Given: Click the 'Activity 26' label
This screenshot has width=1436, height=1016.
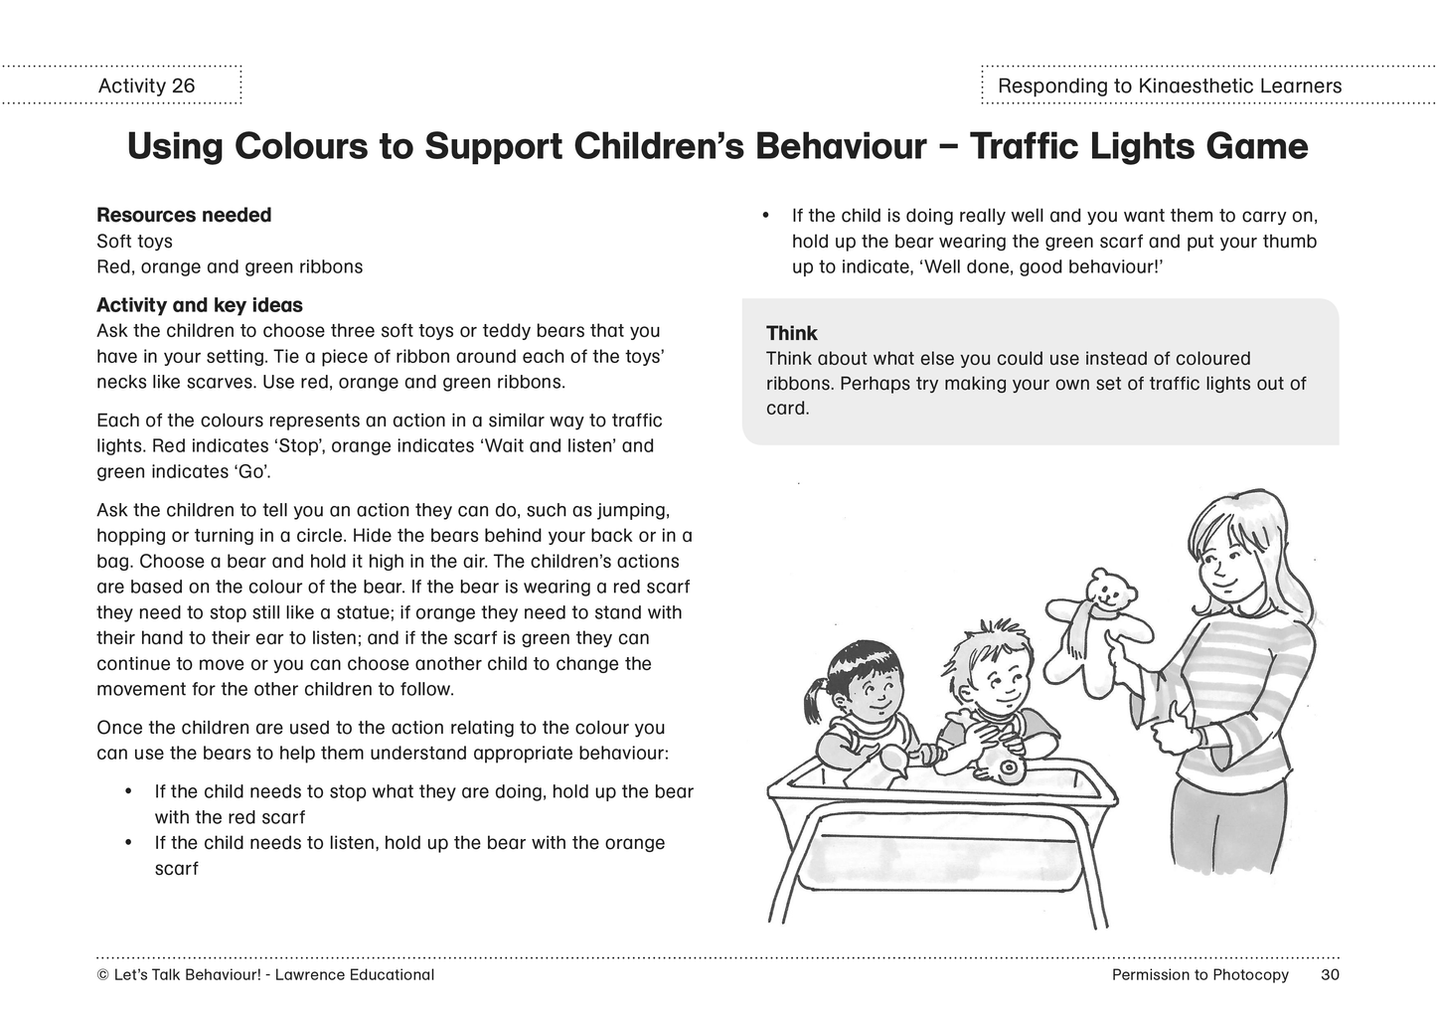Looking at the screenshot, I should [146, 85].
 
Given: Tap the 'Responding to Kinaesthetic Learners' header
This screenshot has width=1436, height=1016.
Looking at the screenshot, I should [1169, 86].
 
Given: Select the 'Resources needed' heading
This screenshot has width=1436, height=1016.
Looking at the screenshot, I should [184, 215].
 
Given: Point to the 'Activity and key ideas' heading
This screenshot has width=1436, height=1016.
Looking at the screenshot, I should [200, 305].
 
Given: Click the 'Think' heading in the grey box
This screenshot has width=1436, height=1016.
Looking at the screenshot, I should [791, 333].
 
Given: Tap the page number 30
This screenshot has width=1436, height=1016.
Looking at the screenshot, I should [1330, 974].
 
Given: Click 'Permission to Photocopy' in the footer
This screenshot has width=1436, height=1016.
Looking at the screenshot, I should [1199, 974].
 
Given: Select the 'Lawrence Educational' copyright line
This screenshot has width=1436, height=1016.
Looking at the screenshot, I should [266, 974].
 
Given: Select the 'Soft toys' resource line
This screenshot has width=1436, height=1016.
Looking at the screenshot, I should [134, 242].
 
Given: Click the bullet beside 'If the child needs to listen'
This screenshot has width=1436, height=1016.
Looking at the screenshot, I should [128, 843].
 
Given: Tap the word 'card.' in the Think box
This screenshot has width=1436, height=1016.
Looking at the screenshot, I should [787, 409].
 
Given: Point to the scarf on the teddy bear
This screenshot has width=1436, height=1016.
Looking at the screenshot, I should [1079, 626].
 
